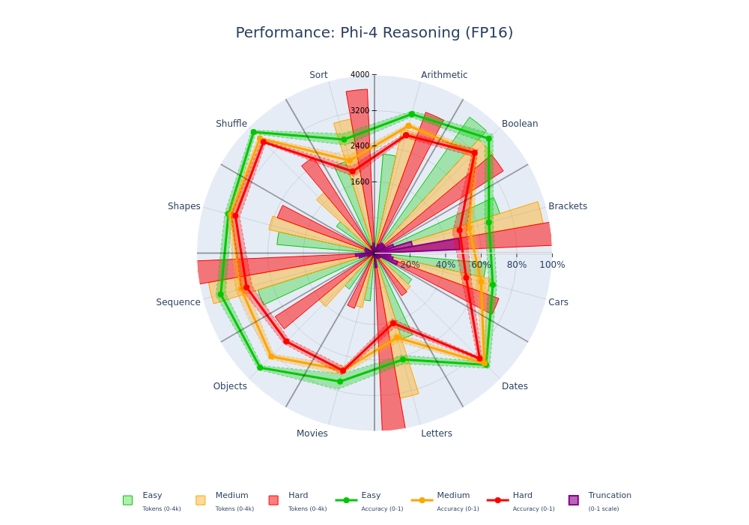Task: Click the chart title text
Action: [374, 33]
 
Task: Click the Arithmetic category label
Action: [444, 75]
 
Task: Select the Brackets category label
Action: [568, 206]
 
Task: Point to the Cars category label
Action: [558, 302]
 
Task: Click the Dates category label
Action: [515, 386]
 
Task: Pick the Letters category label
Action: [437, 433]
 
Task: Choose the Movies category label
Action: [312, 433]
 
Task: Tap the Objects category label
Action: [230, 386]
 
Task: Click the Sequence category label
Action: [178, 302]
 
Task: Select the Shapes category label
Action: [184, 206]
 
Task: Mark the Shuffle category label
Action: [231, 124]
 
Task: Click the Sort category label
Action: [318, 75]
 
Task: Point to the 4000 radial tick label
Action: [360, 75]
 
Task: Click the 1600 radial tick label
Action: [360, 181]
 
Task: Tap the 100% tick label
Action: [552, 265]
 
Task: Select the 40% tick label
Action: [446, 265]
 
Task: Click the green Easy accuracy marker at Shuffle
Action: [253, 132]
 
